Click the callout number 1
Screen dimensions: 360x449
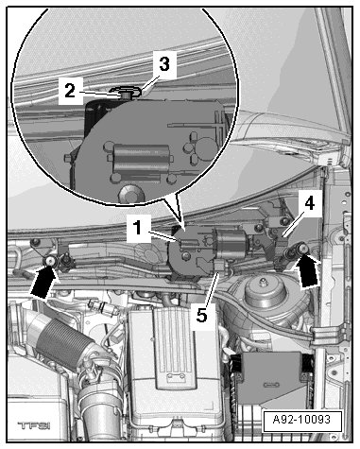138,229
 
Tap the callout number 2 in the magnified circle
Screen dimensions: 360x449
70,91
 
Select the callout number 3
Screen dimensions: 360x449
163,64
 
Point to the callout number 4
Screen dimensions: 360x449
309,203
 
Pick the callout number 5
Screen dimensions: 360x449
202,315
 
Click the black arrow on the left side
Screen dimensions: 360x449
44,281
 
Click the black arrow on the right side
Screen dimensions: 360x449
307,271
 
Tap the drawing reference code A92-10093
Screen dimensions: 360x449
302,420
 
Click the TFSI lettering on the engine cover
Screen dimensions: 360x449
34,426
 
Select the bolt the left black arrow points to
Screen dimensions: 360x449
50,261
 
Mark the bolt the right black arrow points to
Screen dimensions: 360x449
302,249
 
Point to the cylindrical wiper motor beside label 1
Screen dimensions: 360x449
231,243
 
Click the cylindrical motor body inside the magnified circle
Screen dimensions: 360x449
141,158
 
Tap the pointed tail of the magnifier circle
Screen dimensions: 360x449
180,219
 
